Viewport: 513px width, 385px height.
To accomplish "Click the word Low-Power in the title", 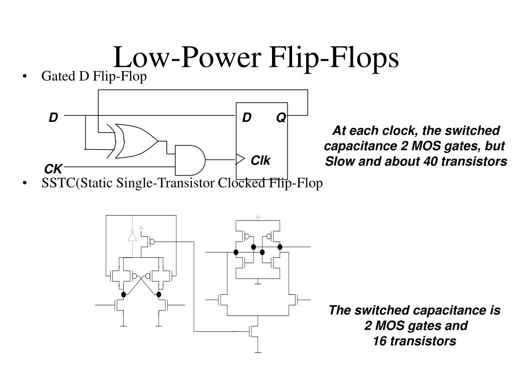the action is click(x=187, y=57).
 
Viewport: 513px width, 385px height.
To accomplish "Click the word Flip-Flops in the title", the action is click(x=334, y=58).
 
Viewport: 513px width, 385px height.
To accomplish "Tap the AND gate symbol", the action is click(x=190, y=160).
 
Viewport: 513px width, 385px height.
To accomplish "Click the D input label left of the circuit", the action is click(x=53, y=117).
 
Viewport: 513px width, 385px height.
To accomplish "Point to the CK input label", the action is click(x=53, y=169).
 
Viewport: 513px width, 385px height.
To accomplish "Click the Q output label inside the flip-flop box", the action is click(x=281, y=117).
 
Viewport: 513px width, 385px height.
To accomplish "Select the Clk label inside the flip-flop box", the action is click(x=261, y=160).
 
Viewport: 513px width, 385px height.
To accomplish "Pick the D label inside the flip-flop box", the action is click(x=246, y=117).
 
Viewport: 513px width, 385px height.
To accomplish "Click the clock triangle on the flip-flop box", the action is click(x=240, y=159).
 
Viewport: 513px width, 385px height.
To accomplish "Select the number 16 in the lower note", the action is click(x=380, y=341).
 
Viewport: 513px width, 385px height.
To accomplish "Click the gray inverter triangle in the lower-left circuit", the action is click(x=132, y=235).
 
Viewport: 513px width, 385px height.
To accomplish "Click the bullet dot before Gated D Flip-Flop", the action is click(x=25, y=77).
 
